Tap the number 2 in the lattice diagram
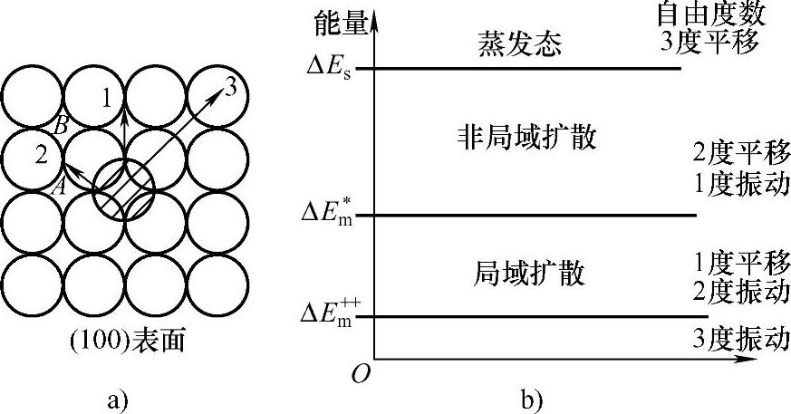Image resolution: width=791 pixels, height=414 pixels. pos(41,155)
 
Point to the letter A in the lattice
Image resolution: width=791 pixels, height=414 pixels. pos(61,187)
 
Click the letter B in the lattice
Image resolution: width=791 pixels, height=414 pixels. pos(61,126)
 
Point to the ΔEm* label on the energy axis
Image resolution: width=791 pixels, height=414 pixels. pos(332,217)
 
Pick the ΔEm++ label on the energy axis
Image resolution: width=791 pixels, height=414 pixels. pos(330,316)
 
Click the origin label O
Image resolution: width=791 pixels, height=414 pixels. pos(361,374)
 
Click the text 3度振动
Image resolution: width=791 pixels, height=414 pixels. pos(735,340)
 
